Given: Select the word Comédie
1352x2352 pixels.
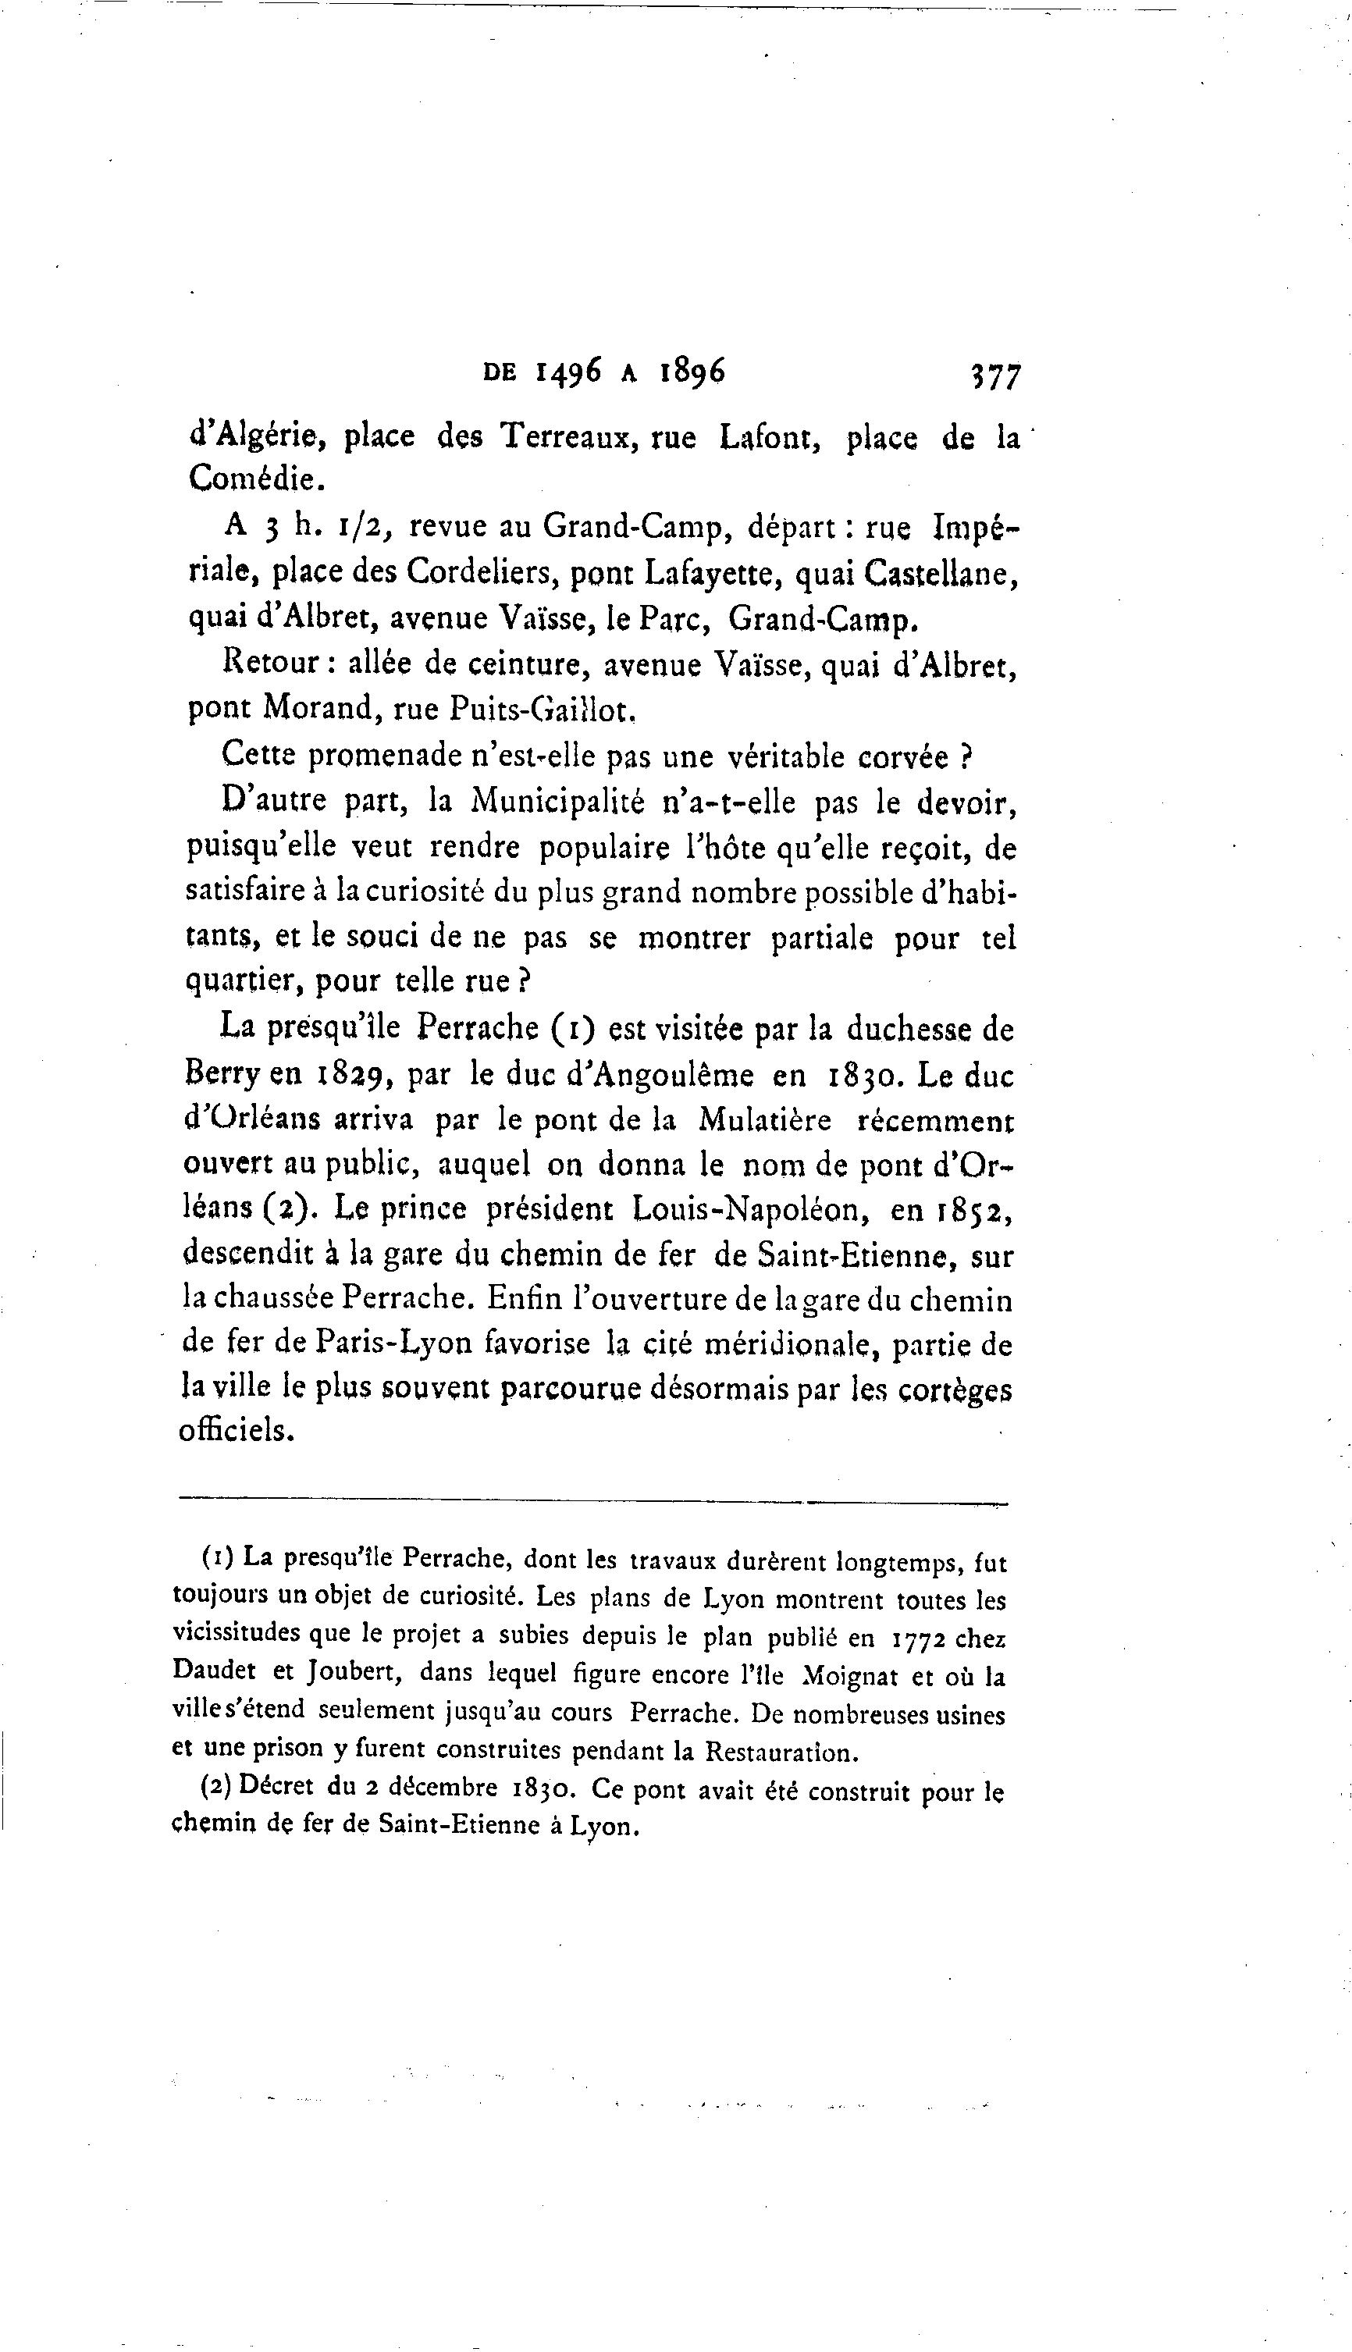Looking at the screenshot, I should tap(258, 479).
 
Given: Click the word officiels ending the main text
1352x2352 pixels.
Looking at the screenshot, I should tap(236, 1430).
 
